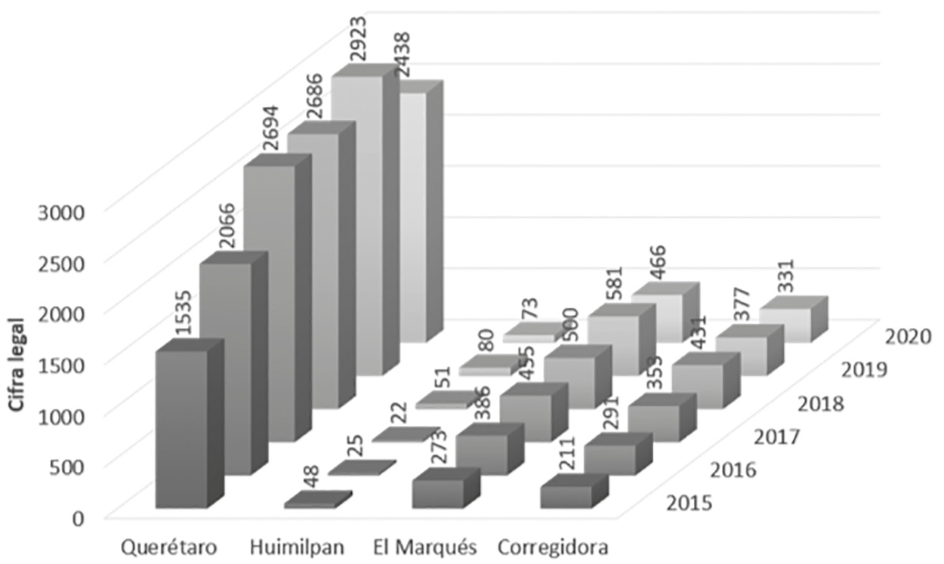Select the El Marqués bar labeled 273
pos(438,492)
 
